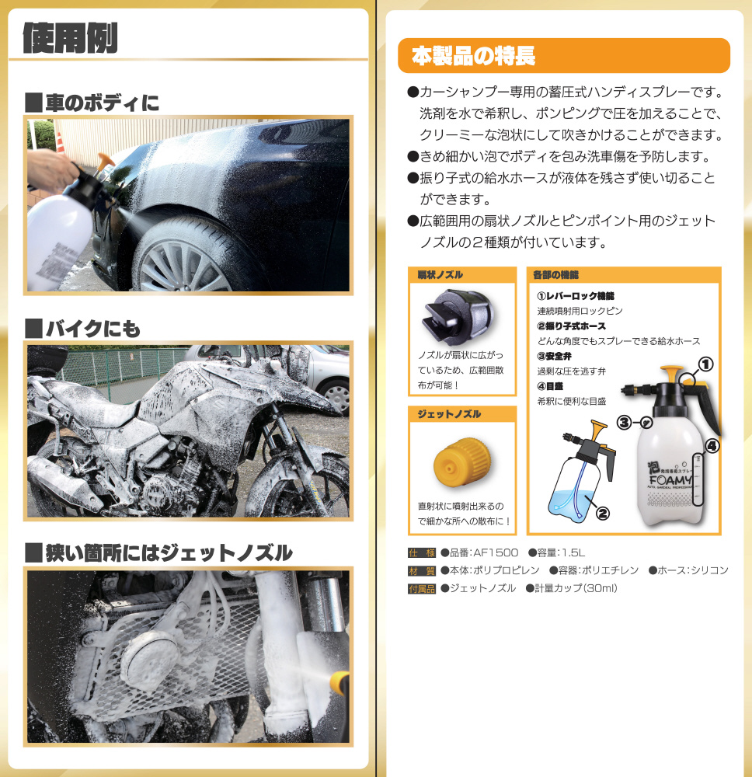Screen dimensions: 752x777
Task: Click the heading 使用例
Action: pyautogui.click(x=70, y=38)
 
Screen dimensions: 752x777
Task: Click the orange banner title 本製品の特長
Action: pyautogui.click(x=473, y=55)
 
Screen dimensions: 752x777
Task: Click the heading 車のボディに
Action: pyautogui.click(x=92, y=103)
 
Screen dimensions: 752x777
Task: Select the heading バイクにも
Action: pyautogui.click(x=82, y=329)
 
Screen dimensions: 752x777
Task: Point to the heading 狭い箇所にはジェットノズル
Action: pyautogui.click(x=158, y=553)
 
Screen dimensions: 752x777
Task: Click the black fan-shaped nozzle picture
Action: pyautogui.click(x=458, y=317)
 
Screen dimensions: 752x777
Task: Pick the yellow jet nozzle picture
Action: pyautogui.click(x=462, y=462)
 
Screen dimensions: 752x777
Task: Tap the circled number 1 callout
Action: pyautogui.click(x=705, y=364)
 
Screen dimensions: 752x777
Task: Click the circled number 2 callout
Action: pyautogui.click(x=602, y=514)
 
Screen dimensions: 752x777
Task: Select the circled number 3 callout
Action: pyautogui.click(x=624, y=423)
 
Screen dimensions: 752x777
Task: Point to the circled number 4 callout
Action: pyautogui.click(x=712, y=447)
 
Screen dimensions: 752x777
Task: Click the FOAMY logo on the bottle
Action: pyautogui.click(x=670, y=479)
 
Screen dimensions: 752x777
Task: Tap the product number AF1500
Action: pyautogui.click(x=496, y=552)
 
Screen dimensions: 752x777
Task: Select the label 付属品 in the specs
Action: pyautogui.click(x=422, y=589)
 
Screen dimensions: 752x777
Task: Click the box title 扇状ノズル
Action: pyautogui.click(x=440, y=274)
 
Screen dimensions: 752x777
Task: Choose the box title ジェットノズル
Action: pyautogui.click(x=449, y=414)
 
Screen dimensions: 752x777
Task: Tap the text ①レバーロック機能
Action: pyautogui.click(x=576, y=296)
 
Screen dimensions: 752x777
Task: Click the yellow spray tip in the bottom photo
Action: pyautogui.click(x=339, y=683)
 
